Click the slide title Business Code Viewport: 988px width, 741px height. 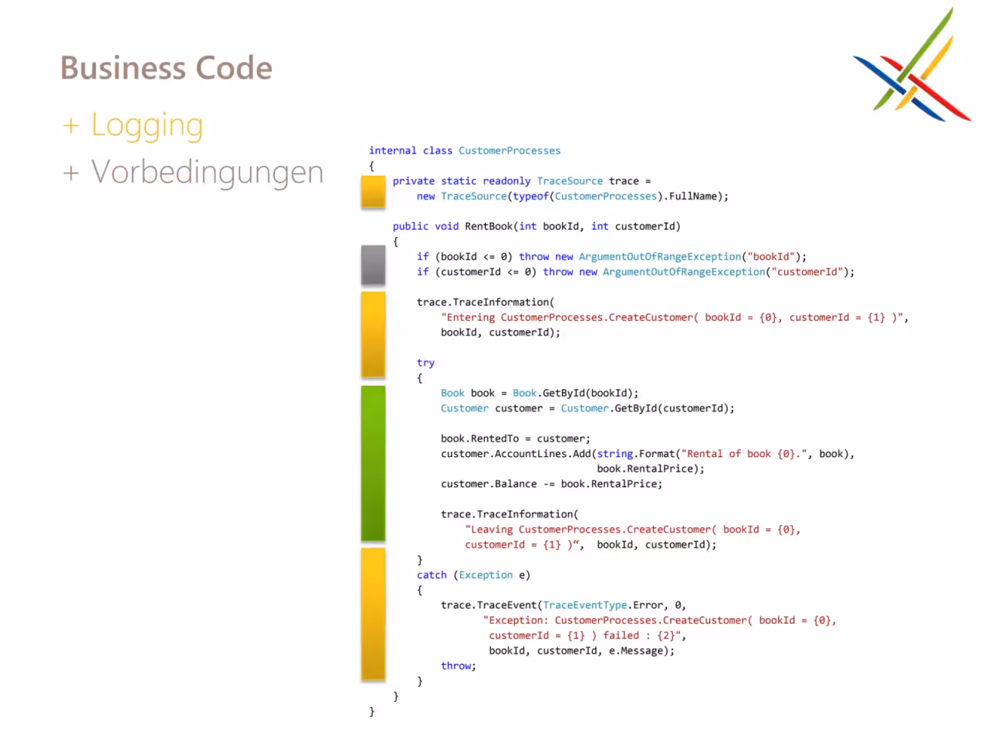point(166,67)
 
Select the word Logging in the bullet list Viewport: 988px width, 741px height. point(147,126)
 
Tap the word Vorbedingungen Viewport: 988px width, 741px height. point(208,173)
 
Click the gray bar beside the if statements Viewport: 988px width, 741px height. point(373,265)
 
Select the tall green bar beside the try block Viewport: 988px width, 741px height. point(373,463)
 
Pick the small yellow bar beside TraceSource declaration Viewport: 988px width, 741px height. point(373,191)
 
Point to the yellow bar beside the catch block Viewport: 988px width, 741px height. point(373,614)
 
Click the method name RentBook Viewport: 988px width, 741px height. point(489,226)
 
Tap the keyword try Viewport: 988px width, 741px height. point(425,363)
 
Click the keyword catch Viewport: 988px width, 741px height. point(431,575)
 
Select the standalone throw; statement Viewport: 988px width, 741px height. point(458,666)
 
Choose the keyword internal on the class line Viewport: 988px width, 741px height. point(393,151)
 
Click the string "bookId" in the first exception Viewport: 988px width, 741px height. point(771,256)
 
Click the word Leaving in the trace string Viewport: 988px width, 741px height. point(492,530)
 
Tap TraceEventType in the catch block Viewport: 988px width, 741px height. point(585,606)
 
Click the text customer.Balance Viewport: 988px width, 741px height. point(489,484)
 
